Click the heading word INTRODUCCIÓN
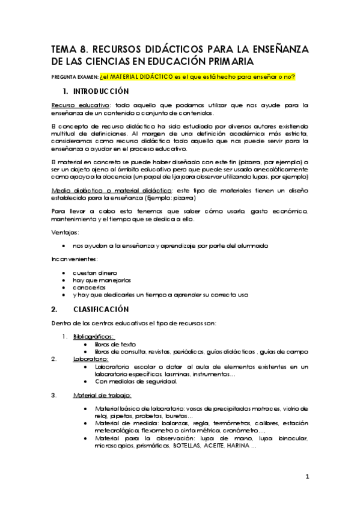click(101, 91)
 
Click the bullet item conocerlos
click(89, 287)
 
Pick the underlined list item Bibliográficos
click(94, 337)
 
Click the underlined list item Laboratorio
click(91, 358)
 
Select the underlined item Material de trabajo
click(102, 395)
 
